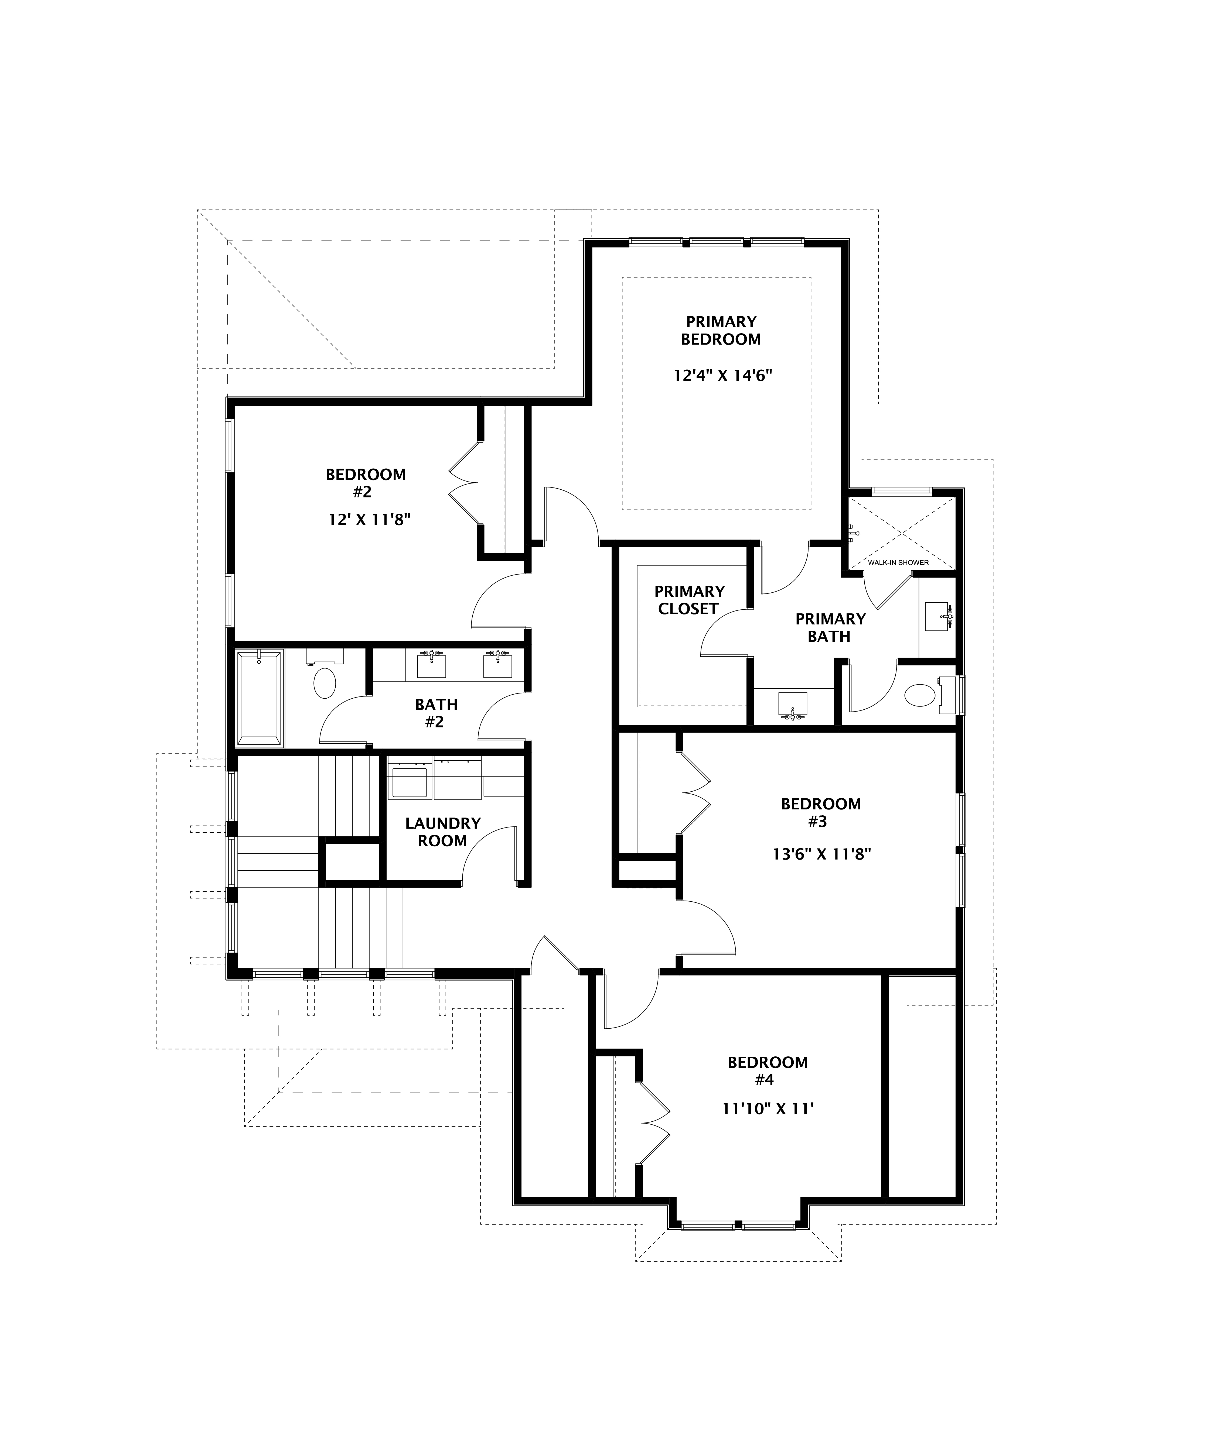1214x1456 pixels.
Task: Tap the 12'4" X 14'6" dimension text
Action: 722,376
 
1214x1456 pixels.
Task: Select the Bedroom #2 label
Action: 366,483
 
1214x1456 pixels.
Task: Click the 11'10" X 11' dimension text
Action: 767,1109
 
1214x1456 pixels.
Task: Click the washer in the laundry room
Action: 409,780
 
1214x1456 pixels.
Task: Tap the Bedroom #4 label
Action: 767,1070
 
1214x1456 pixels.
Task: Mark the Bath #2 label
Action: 436,713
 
